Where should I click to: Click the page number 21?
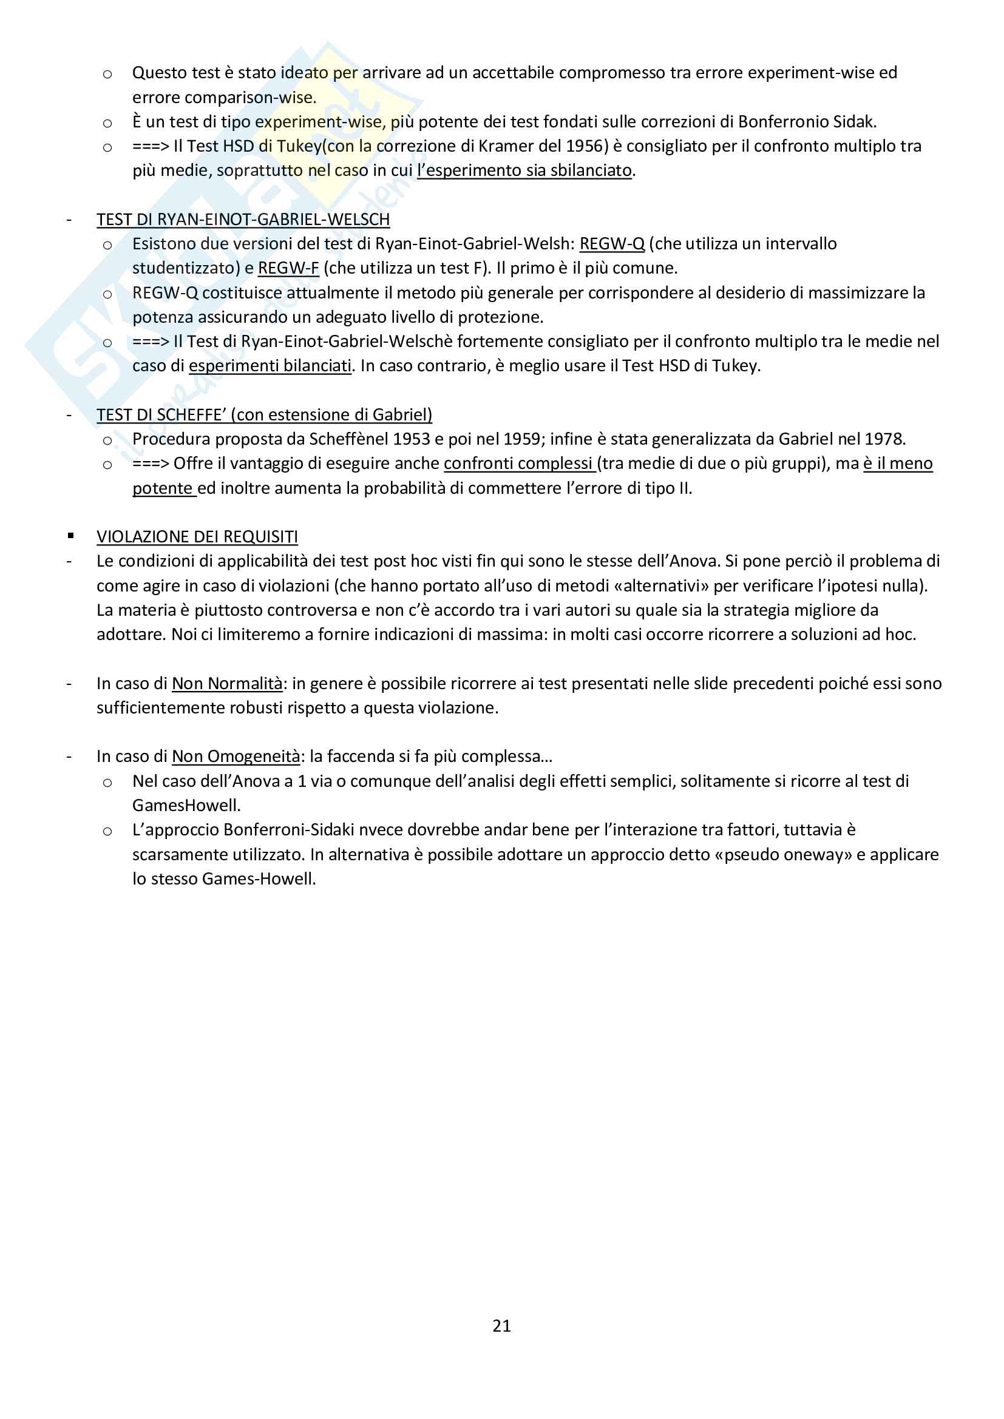point(501,1325)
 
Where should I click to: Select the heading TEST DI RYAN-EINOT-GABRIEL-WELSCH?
point(243,220)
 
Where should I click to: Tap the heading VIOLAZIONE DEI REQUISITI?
point(197,536)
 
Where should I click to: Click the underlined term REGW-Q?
point(611,243)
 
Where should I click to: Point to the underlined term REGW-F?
point(288,268)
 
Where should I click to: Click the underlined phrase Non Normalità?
point(227,683)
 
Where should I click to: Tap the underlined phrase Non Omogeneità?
point(236,756)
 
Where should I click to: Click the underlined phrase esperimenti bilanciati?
point(270,365)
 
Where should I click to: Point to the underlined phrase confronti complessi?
point(518,463)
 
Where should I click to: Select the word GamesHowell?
point(186,804)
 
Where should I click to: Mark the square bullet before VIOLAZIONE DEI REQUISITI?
point(71,536)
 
